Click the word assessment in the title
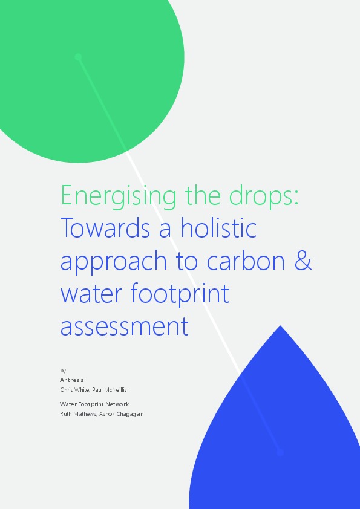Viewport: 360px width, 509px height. point(125,326)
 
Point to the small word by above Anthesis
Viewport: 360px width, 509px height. point(63,370)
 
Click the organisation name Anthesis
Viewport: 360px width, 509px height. point(72,380)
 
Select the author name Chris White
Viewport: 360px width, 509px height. point(74,389)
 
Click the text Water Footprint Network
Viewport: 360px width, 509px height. point(94,404)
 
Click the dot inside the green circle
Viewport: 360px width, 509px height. point(78,57)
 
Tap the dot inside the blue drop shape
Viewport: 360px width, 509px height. point(280,452)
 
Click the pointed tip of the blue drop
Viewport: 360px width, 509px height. point(280,327)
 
